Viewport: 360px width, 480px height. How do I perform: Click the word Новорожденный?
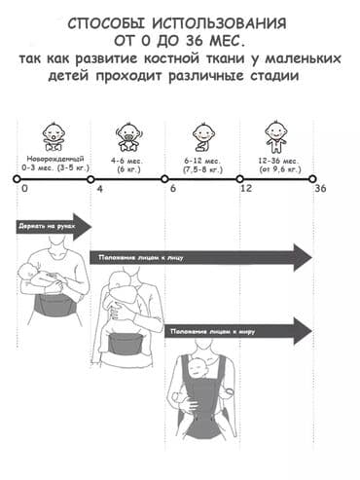50,158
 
